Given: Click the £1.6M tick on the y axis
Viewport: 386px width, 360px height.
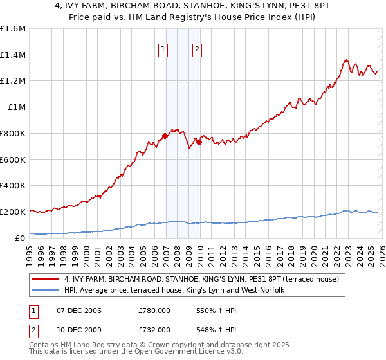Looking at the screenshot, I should pos(13,29).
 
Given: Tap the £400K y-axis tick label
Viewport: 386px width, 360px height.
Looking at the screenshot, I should pos(13,186).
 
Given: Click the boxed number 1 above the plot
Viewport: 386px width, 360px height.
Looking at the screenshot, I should pos(163,48).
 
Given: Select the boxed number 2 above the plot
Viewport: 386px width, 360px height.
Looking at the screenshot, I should pos(196,48).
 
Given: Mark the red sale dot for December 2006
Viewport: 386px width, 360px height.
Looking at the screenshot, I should pos(165,136).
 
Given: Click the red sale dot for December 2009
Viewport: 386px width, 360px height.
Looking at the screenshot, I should pos(199,142).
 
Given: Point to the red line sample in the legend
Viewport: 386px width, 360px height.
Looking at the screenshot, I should pos(46,279).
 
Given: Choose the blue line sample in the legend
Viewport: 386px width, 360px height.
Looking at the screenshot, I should pos(46,291).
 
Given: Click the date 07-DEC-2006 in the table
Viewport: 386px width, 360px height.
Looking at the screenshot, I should pos(78,310).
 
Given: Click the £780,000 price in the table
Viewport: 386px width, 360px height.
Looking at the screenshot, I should pos(154,310).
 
